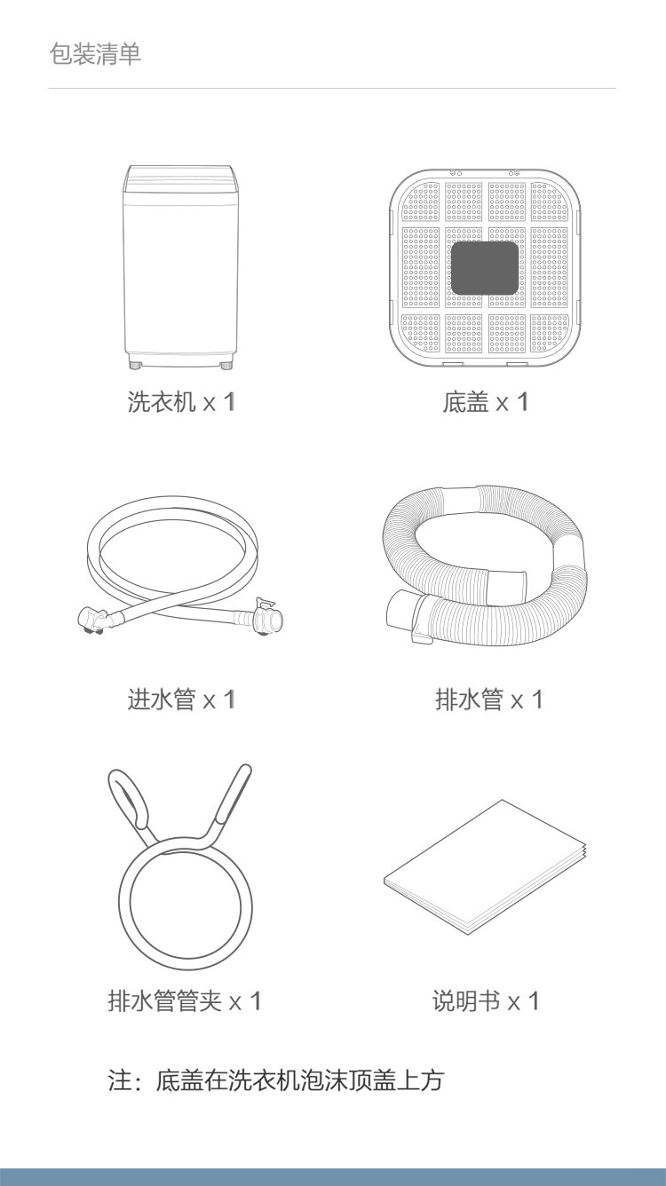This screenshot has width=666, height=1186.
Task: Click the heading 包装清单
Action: [95, 54]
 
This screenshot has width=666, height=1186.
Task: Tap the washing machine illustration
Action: [180, 267]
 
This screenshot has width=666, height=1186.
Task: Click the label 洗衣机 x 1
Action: [180, 402]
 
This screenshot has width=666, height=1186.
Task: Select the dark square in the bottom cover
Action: [484, 268]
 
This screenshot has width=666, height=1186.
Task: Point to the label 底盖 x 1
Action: [486, 402]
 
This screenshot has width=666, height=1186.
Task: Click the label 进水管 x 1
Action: [180, 700]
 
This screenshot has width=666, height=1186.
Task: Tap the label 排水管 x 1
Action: [489, 700]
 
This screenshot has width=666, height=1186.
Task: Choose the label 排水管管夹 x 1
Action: [185, 1001]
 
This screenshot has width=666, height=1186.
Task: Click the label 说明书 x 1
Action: [486, 1001]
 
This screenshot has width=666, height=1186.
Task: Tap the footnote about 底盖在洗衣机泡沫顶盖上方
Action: [275, 1080]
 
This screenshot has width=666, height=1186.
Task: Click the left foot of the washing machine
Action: [136, 366]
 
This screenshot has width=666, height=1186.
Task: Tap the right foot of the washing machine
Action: [226, 366]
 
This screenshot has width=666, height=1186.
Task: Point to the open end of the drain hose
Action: [399, 609]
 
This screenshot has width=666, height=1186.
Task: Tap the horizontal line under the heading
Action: [332, 89]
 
